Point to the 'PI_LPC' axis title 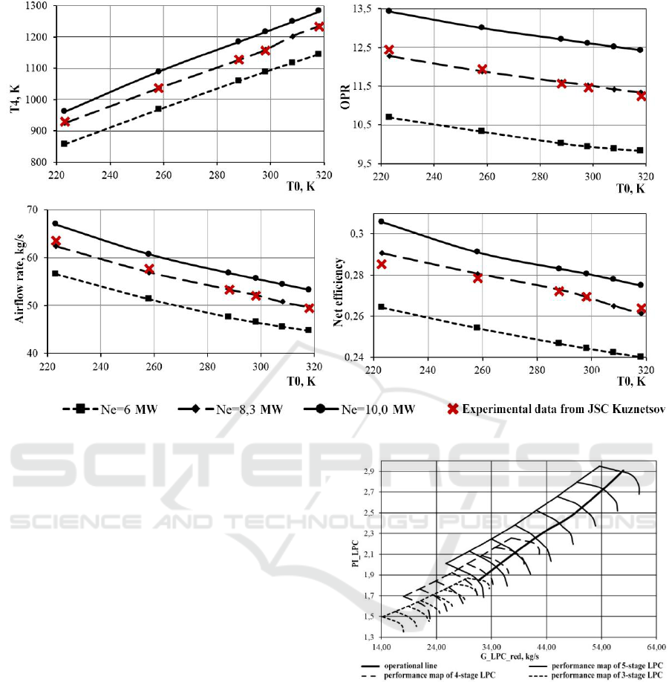[x=354, y=557]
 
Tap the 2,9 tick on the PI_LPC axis [x=369, y=472]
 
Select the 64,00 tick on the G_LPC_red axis [x=656, y=646]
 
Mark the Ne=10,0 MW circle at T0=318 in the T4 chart [x=318, y=10]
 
